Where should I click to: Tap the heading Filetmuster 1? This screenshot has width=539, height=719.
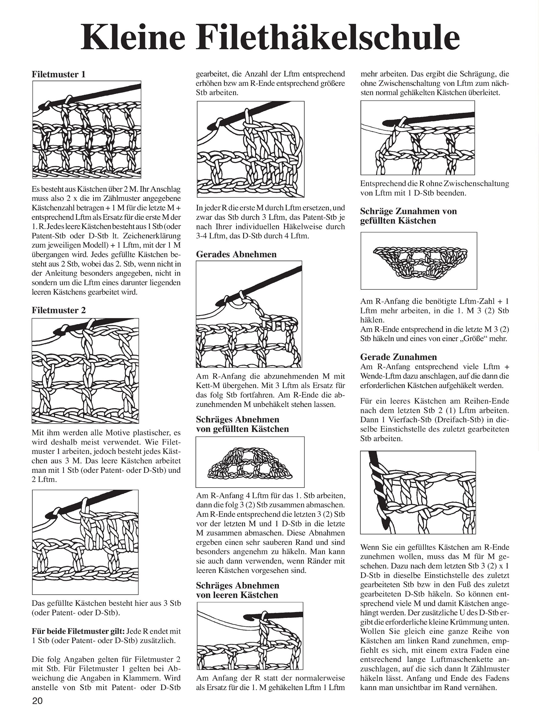(59, 74)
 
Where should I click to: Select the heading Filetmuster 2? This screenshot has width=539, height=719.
(59, 310)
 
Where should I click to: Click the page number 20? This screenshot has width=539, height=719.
(37, 701)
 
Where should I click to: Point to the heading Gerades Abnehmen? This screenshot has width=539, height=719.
(236, 254)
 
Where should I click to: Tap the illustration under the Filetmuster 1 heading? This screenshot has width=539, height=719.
(87, 129)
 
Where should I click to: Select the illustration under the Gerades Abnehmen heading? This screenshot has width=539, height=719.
(249, 314)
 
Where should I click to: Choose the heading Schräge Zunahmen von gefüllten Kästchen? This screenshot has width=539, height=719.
(409, 216)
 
